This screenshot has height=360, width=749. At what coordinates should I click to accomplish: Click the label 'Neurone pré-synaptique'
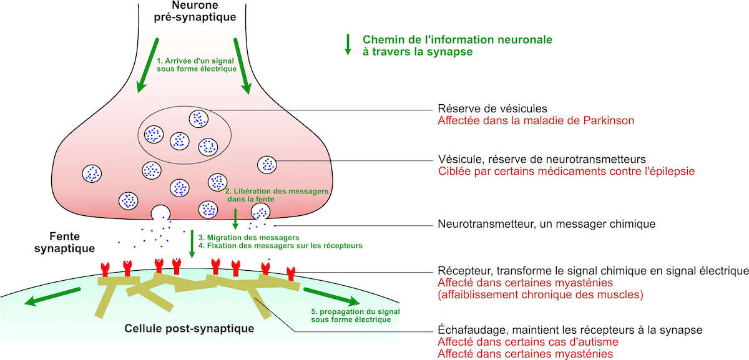(x=195, y=11)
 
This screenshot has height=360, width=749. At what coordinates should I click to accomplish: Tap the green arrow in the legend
(x=348, y=46)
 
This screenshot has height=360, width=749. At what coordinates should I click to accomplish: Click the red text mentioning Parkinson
(x=536, y=120)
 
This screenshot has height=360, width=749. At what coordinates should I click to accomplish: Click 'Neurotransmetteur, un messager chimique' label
(x=544, y=223)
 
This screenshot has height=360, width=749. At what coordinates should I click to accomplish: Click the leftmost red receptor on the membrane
(x=105, y=269)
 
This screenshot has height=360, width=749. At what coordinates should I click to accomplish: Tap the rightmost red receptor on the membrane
(x=291, y=272)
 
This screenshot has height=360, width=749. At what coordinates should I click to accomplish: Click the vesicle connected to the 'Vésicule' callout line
(x=267, y=163)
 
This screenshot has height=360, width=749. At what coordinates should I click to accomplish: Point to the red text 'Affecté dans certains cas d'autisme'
(x=527, y=342)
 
